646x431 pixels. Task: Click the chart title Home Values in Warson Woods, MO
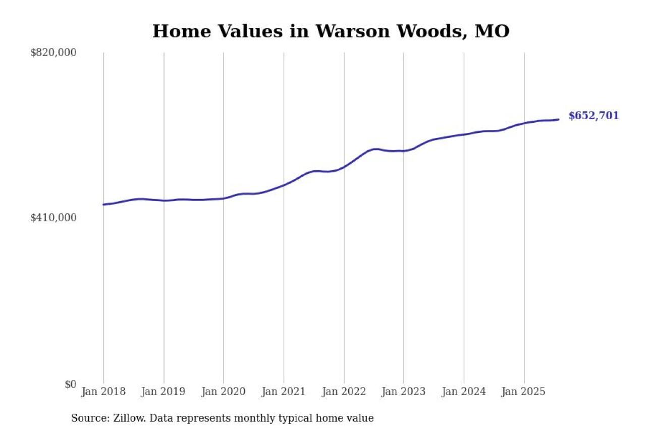(331, 31)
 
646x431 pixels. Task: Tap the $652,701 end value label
(594, 116)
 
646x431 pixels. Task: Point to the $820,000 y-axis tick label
(53, 53)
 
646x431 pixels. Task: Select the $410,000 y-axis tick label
(53, 218)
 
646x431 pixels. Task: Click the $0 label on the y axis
(70, 385)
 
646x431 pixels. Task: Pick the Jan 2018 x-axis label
(103, 392)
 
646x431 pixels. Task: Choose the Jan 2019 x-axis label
(164, 392)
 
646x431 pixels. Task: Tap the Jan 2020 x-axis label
(224, 392)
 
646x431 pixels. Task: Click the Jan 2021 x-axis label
(284, 392)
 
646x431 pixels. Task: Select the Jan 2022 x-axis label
(344, 392)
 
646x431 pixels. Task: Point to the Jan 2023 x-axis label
(404, 392)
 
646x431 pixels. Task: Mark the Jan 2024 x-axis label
(464, 392)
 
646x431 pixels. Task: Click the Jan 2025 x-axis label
(524, 392)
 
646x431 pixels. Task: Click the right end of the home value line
(558, 119)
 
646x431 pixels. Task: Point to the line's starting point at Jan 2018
(103, 205)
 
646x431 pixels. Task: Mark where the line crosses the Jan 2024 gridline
(464, 134)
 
